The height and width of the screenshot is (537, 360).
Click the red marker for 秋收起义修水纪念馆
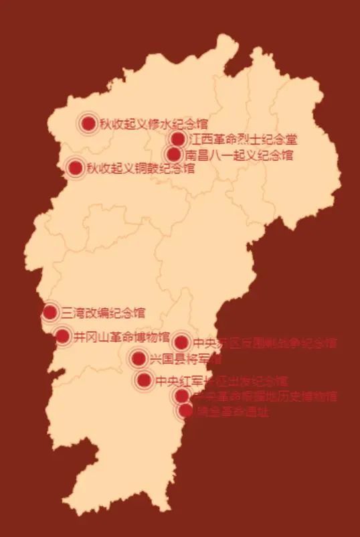tap(88, 123)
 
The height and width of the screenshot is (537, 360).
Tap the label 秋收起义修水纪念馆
tap(153, 124)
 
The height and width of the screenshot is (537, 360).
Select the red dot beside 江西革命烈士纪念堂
tap(177, 139)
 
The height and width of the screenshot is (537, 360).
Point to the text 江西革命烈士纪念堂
tap(243, 140)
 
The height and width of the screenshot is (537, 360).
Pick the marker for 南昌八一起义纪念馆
tap(174, 155)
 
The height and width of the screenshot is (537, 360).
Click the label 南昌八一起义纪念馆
tap(240, 156)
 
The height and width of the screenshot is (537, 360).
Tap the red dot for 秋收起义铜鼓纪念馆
tap(75, 168)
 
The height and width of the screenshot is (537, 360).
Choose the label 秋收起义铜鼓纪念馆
tap(140, 169)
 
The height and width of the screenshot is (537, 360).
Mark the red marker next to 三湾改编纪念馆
tap(50, 312)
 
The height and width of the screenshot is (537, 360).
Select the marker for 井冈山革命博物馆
tap(63, 335)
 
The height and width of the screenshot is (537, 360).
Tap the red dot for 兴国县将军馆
tap(139, 359)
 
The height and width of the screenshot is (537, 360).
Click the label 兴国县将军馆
tap(185, 360)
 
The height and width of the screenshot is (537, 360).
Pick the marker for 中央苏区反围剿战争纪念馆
tap(181, 343)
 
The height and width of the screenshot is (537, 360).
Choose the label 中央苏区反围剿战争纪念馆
tap(264, 343)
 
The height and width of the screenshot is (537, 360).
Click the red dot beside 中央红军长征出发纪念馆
tap(144, 381)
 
